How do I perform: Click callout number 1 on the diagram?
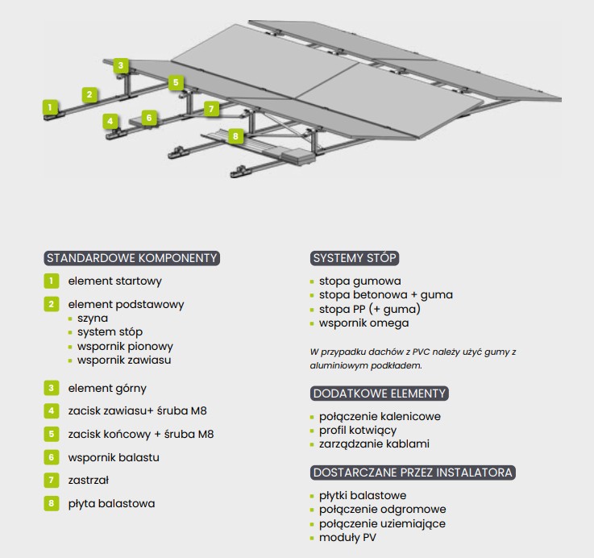(51, 106)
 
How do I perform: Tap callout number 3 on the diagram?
(120, 65)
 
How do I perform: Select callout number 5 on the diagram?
(176, 82)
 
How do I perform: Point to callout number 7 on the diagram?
(211, 107)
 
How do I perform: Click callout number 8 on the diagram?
(235, 136)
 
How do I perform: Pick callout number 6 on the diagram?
(148, 118)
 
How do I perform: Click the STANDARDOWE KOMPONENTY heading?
(132, 258)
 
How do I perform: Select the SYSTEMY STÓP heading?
(355, 258)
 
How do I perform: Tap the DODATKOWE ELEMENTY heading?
(379, 394)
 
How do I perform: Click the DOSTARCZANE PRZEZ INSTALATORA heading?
(413, 472)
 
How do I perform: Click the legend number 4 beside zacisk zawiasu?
(52, 410)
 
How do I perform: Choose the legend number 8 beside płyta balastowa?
(52, 503)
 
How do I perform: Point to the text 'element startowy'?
(115, 281)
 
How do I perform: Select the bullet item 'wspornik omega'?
(363, 323)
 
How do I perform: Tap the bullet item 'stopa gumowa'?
(359, 281)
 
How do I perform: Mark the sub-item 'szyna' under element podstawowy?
(92, 319)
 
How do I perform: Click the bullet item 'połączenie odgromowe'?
(382, 510)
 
